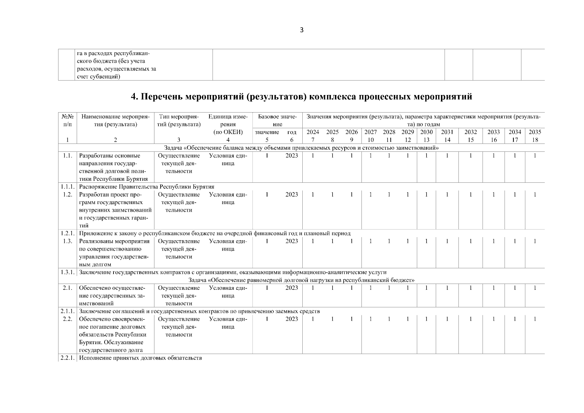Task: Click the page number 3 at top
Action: click(x=302, y=30)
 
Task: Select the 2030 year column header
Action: click(x=426, y=132)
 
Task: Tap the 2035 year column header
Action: click(x=535, y=132)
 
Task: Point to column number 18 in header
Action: click(x=535, y=140)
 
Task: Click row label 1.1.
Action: click(x=67, y=156)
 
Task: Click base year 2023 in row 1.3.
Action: click(x=291, y=241)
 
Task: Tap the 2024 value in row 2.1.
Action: click(x=313, y=288)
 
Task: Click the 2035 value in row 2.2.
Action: click(x=535, y=319)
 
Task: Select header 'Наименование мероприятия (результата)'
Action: click(x=115, y=120)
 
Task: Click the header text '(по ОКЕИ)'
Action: click(x=228, y=132)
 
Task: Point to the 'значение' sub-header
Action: click(x=267, y=132)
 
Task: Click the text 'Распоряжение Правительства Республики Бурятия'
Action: click(x=147, y=187)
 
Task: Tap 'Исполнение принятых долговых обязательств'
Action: click(x=140, y=358)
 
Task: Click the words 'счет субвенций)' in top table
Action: click(x=98, y=77)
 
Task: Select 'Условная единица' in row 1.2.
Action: click(x=228, y=198)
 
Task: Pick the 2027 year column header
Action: click(x=370, y=132)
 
